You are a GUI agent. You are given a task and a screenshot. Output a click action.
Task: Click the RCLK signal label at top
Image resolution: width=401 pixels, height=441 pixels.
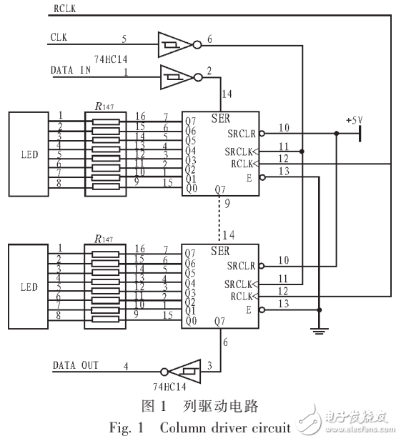click(64, 9)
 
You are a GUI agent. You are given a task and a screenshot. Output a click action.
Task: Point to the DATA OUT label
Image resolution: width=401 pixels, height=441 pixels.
click(75, 365)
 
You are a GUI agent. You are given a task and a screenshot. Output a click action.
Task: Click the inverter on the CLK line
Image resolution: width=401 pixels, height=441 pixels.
click(174, 45)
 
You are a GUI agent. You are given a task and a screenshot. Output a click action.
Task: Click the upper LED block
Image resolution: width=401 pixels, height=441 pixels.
click(29, 154)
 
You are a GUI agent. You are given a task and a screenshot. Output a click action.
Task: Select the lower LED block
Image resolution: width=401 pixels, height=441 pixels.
click(29, 287)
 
